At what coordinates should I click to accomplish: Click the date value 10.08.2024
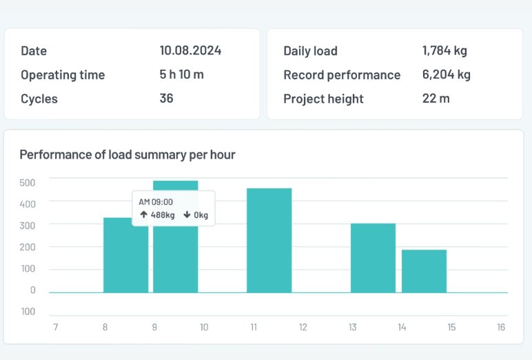(x=190, y=50)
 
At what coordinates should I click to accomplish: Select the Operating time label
(x=63, y=74)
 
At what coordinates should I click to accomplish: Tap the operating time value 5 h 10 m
(x=181, y=74)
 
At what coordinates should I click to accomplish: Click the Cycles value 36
(x=166, y=99)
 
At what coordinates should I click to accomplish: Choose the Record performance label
(x=342, y=74)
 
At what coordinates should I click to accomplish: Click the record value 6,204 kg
(x=447, y=74)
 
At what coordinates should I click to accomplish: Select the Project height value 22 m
(x=436, y=99)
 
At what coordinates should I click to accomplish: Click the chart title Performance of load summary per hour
(x=127, y=154)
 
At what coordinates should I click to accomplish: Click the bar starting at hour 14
(x=424, y=270)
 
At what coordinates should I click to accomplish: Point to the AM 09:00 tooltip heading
(x=156, y=202)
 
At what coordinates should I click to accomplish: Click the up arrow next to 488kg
(x=143, y=214)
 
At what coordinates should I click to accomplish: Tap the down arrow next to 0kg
(x=187, y=214)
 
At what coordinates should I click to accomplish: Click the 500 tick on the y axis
(x=28, y=182)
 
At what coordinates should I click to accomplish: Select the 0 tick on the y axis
(x=32, y=290)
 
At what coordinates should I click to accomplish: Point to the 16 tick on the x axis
(x=501, y=327)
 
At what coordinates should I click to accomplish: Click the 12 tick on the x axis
(x=303, y=327)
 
